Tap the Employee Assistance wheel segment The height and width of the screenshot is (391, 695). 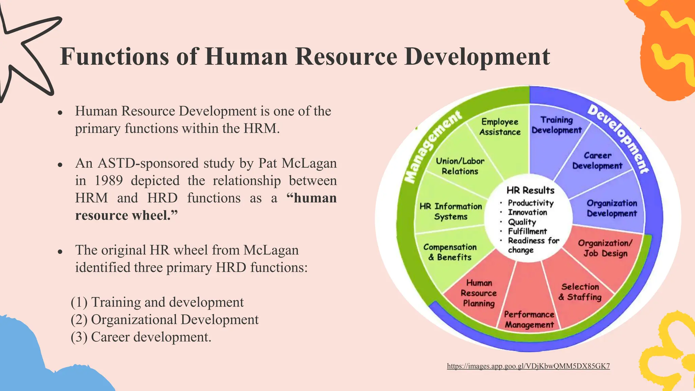pyautogui.click(x=500, y=127)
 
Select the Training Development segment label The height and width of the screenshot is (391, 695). pyautogui.click(x=557, y=125)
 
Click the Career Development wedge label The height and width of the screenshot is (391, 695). pyautogui.click(x=597, y=161)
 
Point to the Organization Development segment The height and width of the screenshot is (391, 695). pyautogui.click(x=612, y=208)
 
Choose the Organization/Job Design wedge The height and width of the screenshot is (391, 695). pyautogui.click(x=605, y=248)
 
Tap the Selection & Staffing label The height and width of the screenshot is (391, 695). pyautogui.click(x=580, y=292)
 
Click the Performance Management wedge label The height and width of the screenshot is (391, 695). pyautogui.click(x=529, y=319)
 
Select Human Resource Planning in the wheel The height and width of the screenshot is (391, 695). pyautogui.click(x=478, y=293)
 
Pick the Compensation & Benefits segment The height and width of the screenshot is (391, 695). pyautogui.click(x=450, y=252)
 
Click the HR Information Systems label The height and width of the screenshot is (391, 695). pyautogui.click(x=451, y=211)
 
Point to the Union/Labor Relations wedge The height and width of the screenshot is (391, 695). pyautogui.click(x=460, y=166)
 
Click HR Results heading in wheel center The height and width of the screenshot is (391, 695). pyautogui.click(x=530, y=190)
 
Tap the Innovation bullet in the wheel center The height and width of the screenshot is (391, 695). pyautogui.click(x=527, y=212)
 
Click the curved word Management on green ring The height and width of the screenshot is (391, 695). pyautogui.click(x=433, y=147)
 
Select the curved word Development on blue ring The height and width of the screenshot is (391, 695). pyautogui.click(x=618, y=138)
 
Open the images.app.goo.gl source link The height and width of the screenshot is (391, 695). pyautogui.click(x=528, y=366)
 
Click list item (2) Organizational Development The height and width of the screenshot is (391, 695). pyautogui.click(x=165, y=320)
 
